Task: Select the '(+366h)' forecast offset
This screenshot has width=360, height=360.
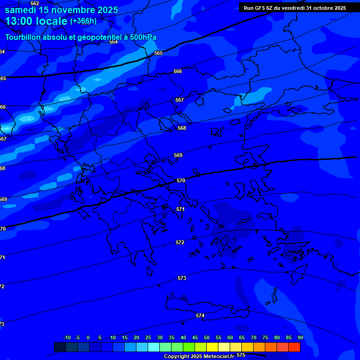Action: tap(83, 21)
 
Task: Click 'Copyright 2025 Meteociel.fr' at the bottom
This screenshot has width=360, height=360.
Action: tap(199, 356)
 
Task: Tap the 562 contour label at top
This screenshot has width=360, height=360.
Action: tap(35, 3)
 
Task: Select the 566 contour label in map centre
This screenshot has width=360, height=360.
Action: tap(178, 71)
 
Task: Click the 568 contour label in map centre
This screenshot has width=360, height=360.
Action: tap(182, 128)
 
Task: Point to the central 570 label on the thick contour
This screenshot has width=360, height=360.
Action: tap(181, 180)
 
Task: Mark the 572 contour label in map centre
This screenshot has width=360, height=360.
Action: tap(180, 242)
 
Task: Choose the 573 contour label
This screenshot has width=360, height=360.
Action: tap(182, 278)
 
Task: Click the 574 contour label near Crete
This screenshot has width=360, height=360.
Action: tap(200, 315)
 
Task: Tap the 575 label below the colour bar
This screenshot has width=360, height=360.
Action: tap(241, 355)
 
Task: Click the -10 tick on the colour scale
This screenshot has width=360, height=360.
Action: tap(67, 337)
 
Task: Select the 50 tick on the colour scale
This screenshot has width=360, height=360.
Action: tap(207, 337)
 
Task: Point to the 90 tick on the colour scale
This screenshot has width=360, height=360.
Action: tap(300, 337)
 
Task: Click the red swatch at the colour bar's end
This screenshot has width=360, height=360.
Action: tap(294, 347)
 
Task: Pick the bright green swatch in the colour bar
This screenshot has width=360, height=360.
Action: tap(188, 347)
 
